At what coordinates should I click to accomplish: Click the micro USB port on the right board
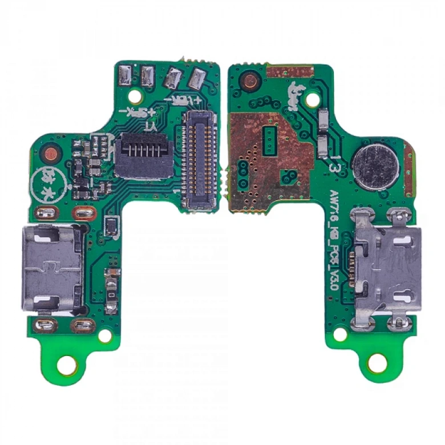pos(386,269)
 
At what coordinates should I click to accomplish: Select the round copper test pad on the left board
pos(52,153)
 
